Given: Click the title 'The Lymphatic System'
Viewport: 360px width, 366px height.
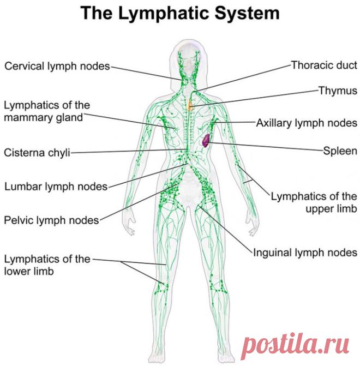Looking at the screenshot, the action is click(180, 13).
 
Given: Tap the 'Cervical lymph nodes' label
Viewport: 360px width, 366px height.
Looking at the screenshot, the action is click(57, 67).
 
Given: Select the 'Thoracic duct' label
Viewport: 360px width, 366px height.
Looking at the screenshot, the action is click(324, 65).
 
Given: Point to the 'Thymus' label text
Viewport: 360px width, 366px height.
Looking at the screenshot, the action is click(338, 91).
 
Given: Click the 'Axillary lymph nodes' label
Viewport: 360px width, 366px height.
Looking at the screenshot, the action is click(307, 123).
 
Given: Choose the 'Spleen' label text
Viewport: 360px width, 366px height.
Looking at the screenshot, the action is click(340, 151).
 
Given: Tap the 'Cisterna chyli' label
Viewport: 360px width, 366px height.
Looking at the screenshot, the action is click(37, 153).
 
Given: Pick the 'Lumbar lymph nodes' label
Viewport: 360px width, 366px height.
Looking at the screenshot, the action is click(56, 187).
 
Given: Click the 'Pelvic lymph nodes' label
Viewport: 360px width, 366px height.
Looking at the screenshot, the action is click(52, 220).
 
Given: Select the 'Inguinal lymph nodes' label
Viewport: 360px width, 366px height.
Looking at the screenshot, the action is click(305, 253).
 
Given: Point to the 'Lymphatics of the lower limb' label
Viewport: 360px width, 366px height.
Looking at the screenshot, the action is click(47, 265).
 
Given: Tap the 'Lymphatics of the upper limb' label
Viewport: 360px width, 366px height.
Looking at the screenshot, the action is click(314, 202).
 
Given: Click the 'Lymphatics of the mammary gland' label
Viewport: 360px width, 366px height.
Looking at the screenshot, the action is click(47, 111).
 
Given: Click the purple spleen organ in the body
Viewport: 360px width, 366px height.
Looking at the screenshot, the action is click(206, 141).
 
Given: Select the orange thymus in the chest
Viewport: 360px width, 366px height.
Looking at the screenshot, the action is click(190, 105).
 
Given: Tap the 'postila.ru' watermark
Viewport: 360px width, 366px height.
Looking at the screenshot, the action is click(295, 346).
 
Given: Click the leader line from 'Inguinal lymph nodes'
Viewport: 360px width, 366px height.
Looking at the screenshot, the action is click(226, 230).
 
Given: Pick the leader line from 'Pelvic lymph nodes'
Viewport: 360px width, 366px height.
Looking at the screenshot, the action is click(139, 202).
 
